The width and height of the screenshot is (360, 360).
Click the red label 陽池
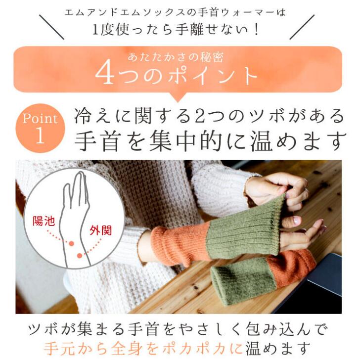click(44, 221)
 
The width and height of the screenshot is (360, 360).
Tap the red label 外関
click(101, 230)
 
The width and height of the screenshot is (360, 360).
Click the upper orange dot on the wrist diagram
click(71, 243)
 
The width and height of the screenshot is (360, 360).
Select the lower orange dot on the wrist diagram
click(80, 255)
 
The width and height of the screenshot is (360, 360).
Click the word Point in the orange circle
click(40, 119)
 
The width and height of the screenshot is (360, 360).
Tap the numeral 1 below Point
click(40, 135)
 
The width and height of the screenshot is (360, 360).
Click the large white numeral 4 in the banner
click(105, 74)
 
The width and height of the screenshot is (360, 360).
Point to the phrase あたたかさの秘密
click(176, 57)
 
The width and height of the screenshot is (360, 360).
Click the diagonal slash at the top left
click(51, 27)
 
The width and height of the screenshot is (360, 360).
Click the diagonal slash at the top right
click(302, 27)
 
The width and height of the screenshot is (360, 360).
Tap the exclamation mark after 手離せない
click(257, 30)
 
